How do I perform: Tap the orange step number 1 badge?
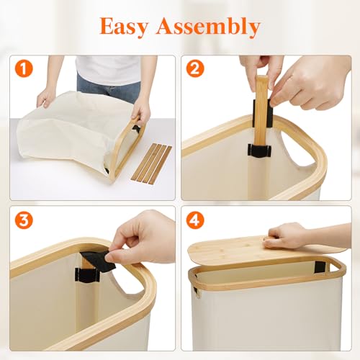pos(24,69)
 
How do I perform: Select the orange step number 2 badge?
pos(195,69)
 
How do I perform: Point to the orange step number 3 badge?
pos(24,220)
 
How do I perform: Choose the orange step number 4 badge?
pos(195,220)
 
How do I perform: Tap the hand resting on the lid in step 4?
pos(288,235)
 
